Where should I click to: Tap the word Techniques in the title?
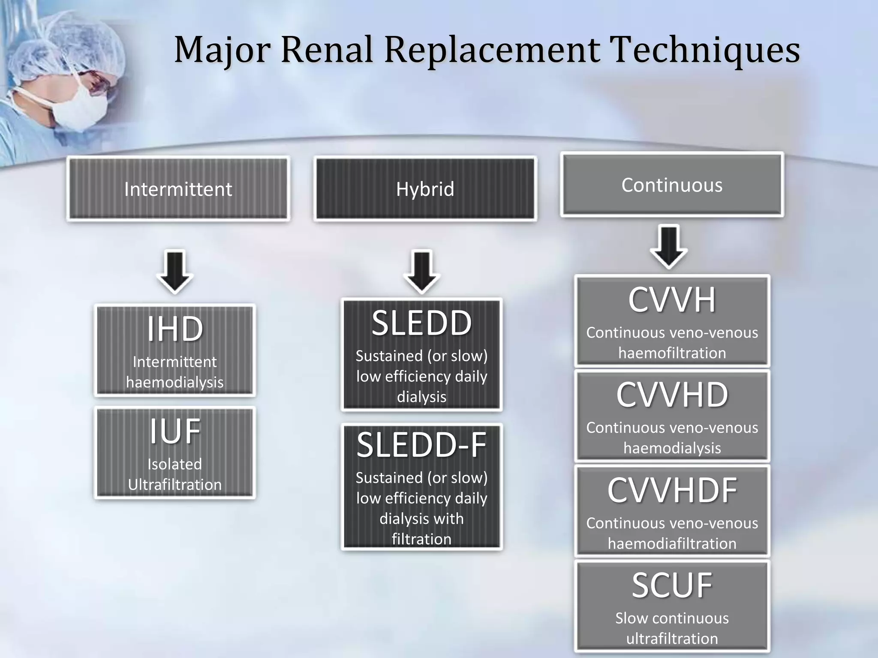coord(705,50)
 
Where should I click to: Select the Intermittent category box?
coord(178,189)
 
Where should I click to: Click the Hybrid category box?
coord(425,189)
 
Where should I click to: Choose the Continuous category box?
coord(672,185)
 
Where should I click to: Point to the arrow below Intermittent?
coord(174,272)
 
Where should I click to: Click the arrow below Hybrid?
coord(421,272)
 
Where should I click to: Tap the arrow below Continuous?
coord(669,247)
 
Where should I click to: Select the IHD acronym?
coord(174,329)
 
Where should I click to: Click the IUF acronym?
coord(174,431)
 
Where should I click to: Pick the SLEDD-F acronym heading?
coord(421,445)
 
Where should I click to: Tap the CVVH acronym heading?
coord(672,300)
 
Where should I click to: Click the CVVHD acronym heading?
coord(672,395)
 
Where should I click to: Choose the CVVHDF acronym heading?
coord(672,491)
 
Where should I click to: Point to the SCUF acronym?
coord(672,586)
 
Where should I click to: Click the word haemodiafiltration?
coord(672,544)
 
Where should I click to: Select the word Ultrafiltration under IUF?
coord(174,485)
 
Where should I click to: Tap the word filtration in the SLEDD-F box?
coord(421,539)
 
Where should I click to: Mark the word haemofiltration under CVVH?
coord(672,353)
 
